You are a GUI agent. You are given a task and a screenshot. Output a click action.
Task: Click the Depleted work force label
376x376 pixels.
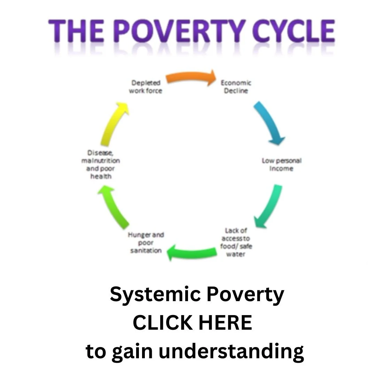pos(146,87)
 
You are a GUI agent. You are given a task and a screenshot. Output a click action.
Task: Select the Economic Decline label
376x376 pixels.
pos(236,87)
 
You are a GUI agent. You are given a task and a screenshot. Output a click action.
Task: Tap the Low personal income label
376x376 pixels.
pos(281,164)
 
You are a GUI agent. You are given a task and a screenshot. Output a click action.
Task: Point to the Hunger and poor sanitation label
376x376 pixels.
pos(146,243)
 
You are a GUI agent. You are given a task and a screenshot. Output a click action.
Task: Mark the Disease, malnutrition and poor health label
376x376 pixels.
pos(101,165)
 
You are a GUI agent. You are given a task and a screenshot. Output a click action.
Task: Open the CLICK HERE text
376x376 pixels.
pos(192,323)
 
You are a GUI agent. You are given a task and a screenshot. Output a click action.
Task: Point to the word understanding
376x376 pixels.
pos(232,352)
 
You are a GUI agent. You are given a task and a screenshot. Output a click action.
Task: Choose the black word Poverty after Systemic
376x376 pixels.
pos(245,295)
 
